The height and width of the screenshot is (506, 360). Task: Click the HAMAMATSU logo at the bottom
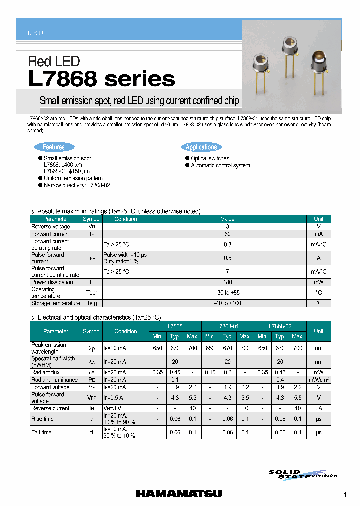[x=180, y=494]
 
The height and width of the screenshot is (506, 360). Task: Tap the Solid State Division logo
[x=301, y=474]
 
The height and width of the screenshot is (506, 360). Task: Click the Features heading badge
[x=54, y=147]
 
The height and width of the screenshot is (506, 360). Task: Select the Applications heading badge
[x=201, y=147]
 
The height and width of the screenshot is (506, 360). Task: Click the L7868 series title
[x=102, y=79]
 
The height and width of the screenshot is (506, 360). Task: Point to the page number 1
[x=345, y=495]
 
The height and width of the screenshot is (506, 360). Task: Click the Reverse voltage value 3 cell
[x=228, y=226]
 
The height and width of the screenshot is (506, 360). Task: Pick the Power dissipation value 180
[x=228, y=282]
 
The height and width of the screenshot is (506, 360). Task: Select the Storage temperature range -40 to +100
[x=228, y=303]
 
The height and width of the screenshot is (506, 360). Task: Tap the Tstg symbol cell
[x=92, y=303]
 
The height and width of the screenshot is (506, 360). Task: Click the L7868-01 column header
[x=228, y=325]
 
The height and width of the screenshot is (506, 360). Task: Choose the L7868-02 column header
[x=280, y=325]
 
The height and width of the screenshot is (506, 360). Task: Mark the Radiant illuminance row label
[x=54, y=380]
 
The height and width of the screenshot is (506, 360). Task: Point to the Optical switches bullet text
[x=210, y=158]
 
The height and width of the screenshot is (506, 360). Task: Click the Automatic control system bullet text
[x=220, y=165]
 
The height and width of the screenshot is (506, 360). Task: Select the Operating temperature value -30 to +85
[x=228, y=293]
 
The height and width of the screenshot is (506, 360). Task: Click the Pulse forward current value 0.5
[x=228, y=258]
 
